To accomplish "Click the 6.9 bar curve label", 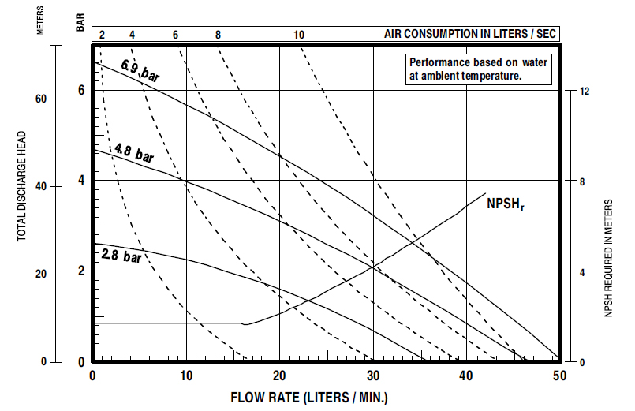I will (x=140, y=69).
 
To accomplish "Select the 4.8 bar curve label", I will (x=133, y=152).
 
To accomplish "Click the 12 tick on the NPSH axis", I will (x=585, y=92).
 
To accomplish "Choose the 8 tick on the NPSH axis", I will (x=585, y=182).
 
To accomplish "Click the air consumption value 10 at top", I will (x=298, y=35).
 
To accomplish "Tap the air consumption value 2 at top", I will (x=102, y=35).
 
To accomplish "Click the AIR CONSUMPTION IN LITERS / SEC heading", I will (x=470, y=35).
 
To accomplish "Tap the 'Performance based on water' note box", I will (x=478, y=69).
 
